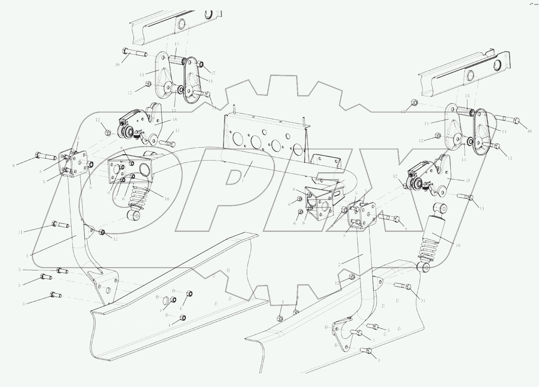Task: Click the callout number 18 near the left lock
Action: point(175,120)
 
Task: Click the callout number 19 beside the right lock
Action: point(467,181)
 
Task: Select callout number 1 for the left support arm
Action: point(27,256)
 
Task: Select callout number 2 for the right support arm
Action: point(339,265)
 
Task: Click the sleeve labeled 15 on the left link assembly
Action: point(176,59)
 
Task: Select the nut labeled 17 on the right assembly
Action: point(415,103)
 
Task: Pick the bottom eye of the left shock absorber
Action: point(133,216)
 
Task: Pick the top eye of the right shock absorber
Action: point(440,208)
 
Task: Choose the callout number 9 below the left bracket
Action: point(90,188)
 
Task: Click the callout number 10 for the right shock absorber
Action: point(458,245)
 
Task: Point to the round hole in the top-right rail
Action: point(471,75)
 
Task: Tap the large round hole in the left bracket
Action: point(146,170)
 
